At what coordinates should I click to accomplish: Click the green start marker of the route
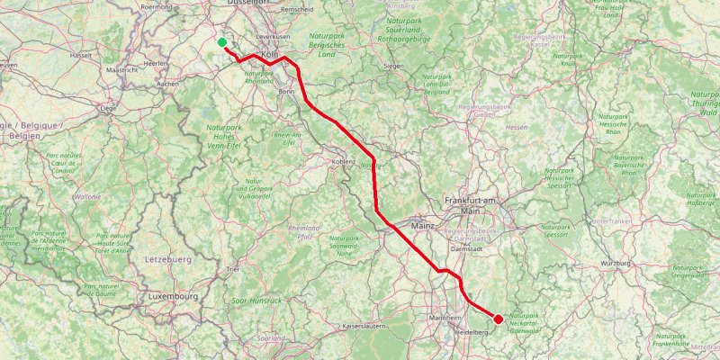coord(222,41)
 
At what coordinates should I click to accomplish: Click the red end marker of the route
coord(498,319)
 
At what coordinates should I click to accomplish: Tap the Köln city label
coord(271,54)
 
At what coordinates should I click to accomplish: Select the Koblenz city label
coord(344,162)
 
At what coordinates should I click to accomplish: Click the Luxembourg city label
coord(174,296)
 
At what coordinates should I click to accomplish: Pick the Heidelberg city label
coord(472,332)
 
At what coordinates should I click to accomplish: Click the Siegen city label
coord(393,66)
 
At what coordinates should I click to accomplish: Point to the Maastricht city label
coord(121,69)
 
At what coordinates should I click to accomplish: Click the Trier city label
coord(233,269)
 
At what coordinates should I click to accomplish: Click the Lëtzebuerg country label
coord(167,259)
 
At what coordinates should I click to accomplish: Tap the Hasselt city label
coord(81,55)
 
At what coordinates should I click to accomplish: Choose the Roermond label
coord(156,5)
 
